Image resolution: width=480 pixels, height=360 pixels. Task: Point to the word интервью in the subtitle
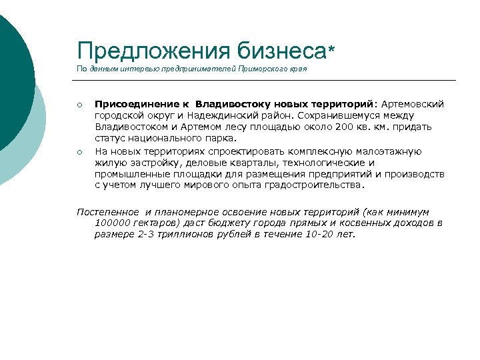tap(133, 69)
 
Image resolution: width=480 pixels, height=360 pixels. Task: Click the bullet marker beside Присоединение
tap(79, 105)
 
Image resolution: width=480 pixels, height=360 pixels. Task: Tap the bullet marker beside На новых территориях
tap(79, 152)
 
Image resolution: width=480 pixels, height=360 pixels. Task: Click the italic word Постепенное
tap(109, 211)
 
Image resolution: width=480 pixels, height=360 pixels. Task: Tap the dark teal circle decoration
tap(13, 73)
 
